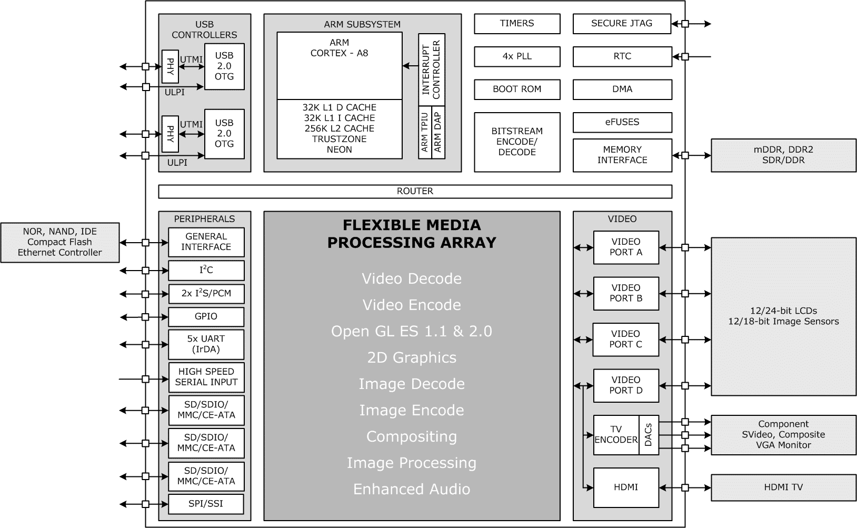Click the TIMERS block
(517, 24)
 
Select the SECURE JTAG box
(622, 24)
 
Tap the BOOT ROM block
(517, 89)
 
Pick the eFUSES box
(622, 123)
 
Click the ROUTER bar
(415, 191)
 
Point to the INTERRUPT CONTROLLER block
(432, 69)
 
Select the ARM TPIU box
(425, 132)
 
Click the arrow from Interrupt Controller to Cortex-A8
(410, 66)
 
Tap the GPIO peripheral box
(206, 317)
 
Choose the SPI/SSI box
(206, 504)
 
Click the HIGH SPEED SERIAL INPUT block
(206, 377)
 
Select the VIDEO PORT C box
(625, 340)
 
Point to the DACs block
(649, 435)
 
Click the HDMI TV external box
(783, 487)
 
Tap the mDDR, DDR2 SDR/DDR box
(783, 155)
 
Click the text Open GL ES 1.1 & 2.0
(412, 331)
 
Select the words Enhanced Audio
(412, 490)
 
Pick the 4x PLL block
(517, 57)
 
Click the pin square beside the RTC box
(685, 57)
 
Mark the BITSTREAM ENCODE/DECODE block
(517, 142)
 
